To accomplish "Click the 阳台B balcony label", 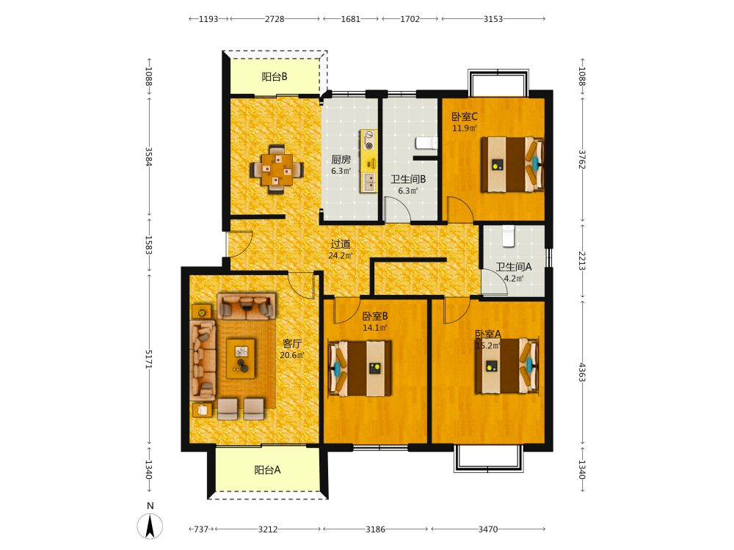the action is tap(275, 77).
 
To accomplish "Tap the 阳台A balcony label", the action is tap(267, 470).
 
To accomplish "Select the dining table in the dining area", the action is tap(277, 169).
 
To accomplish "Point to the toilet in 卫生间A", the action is tap(509, 235).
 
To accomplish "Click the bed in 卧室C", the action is tap(512, 164).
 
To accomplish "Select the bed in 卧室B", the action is tap(360, 369).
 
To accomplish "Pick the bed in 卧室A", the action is tap(506, 366).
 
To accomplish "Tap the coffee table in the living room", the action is tap(241, 359).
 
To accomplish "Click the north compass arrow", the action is tap(150, 526).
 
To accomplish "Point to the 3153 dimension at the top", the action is tap(493, 19).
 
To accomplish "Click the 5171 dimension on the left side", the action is tap(148, 359).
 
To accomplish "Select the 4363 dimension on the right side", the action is tap(582, 373).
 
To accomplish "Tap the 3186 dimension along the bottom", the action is tap(375, 529).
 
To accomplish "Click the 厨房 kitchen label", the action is tap(341, 159).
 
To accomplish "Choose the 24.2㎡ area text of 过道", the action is tap(341, 255).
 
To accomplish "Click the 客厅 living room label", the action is tap(292, 344).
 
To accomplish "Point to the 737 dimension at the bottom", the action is tap(201, 529).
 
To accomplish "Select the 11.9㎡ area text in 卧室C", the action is tap(465, 128).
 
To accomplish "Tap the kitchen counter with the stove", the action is tap(368, 161).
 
